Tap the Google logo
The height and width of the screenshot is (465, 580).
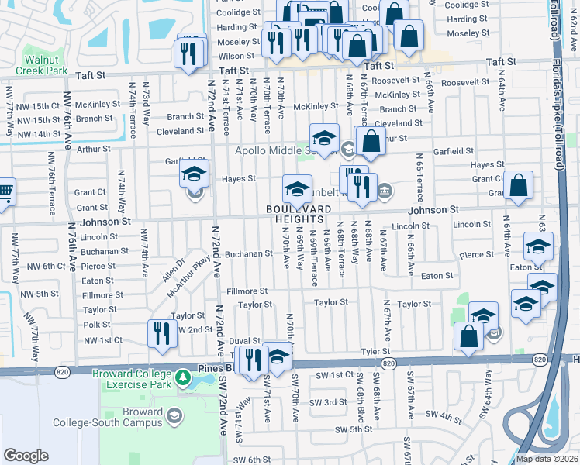click(x=26, y=456)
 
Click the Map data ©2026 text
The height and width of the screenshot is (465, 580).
click(x=547, y=459)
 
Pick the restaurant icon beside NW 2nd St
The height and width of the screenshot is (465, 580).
click(x=162, y=333)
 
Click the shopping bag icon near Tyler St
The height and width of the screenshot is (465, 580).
click(x=469, y=336)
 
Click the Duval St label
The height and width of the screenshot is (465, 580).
click(x=244, y=340)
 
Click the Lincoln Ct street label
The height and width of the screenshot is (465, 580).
click(x=410, y=226)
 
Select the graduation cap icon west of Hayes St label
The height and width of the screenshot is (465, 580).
click(x=195, y=174)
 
